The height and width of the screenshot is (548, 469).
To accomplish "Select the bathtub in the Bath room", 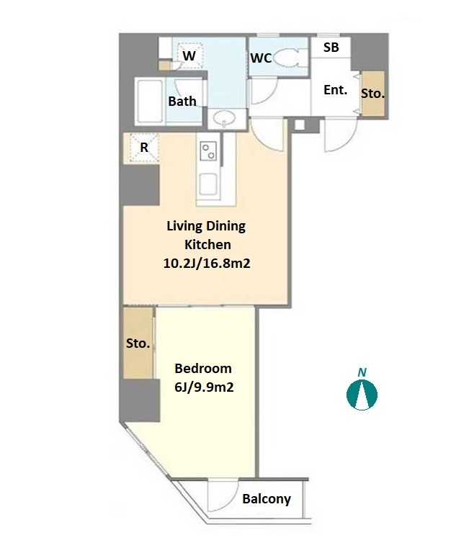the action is (x=150, y=102).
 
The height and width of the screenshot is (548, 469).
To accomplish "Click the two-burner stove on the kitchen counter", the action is (x=208, y=151).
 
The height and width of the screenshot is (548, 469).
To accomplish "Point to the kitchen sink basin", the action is (x=208, y=184).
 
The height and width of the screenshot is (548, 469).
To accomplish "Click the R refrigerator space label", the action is (x=144, y=148).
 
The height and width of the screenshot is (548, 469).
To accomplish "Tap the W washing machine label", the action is (x=189, y=56).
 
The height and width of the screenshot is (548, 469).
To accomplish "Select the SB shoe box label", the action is (x=331, y=48).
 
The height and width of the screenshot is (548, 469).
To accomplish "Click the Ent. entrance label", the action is (x=336, y=90).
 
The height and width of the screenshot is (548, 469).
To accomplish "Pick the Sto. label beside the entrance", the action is (x=372, y=94).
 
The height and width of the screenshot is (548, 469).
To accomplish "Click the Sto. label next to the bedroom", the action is (x=138, y=343).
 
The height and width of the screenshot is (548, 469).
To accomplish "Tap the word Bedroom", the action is (x=203, y=369).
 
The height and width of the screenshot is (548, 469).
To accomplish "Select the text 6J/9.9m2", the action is (x=204, y=387).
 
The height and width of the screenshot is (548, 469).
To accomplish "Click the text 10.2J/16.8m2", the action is (x=207, y=263).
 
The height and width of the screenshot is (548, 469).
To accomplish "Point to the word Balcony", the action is (x=267, y=499).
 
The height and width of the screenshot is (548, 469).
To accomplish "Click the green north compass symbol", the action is (x=362, y=395).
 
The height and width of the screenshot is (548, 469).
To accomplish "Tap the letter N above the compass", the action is (x=362, y=372).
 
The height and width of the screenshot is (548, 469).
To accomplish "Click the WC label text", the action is (x=261, y=58).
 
